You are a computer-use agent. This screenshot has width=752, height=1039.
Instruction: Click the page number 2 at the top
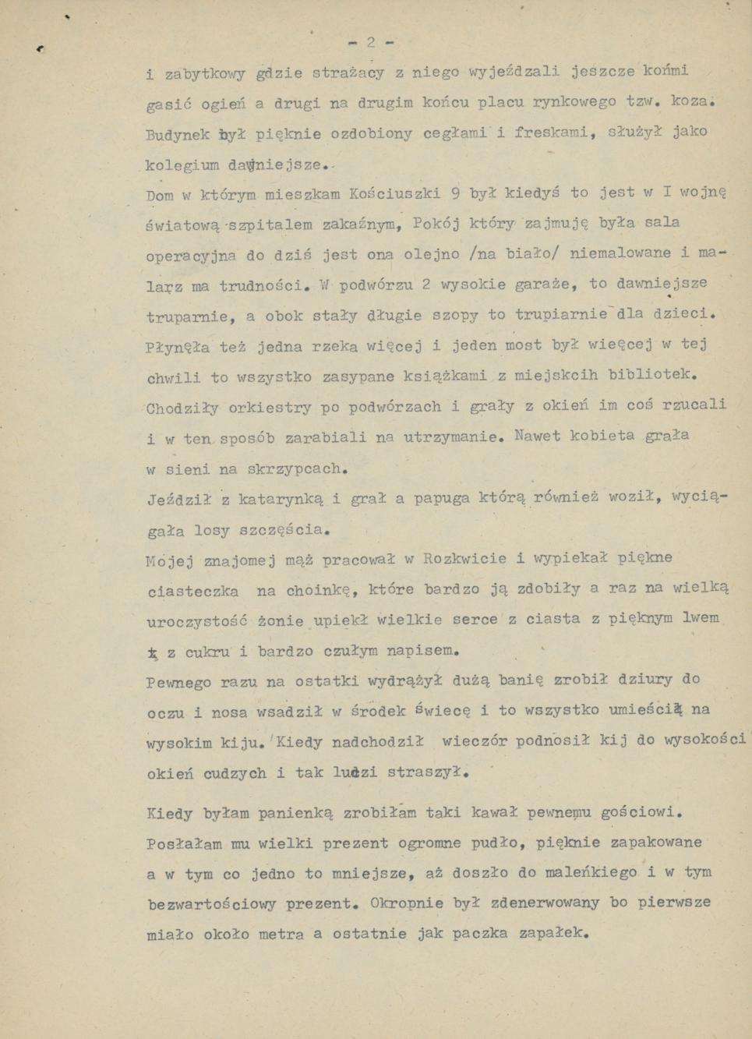(x=372, y=43)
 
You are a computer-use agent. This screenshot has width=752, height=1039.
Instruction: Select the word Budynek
(x=177, y=133)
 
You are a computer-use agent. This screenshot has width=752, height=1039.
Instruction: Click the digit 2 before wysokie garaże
(x=425, y=284)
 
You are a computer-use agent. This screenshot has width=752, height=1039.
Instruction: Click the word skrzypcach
(x=295, y=469)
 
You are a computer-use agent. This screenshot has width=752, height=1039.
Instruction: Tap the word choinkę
(x=320, y=590)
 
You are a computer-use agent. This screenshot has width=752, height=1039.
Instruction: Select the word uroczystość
(x=197, y=621)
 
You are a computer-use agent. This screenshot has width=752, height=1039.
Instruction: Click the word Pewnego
(x=178, y=683)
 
